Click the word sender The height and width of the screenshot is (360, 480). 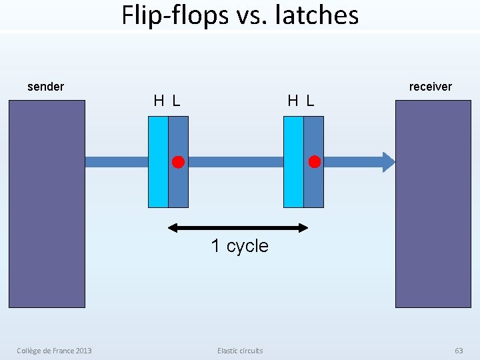[45, 87]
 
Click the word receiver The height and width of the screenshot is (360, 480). [430, 87]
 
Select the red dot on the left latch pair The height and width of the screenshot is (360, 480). [178, 162]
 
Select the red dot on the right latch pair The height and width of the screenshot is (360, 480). [314, 162]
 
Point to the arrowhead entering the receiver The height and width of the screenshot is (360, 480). [389, 162]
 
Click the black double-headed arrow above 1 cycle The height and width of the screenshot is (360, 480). [238, 228]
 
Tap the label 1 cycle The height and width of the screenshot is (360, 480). [239, 246]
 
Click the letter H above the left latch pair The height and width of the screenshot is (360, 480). [159, 101]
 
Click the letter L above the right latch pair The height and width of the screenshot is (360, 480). [310, 101]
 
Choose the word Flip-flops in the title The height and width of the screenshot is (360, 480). [175, 15]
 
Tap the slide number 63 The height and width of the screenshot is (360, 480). [459, 351]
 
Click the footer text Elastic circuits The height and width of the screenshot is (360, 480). [240, 351]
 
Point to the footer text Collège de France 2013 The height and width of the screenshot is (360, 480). [55, 351]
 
